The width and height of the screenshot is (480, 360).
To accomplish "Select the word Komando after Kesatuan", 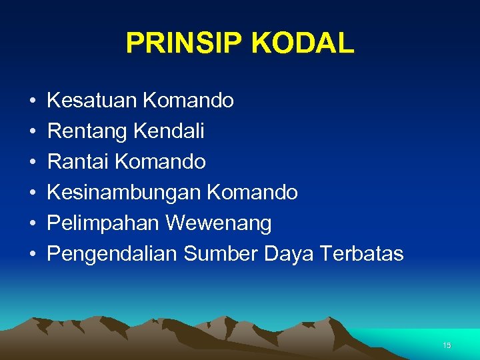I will click(x=188, y=101).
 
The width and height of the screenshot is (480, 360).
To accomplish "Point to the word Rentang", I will click(x=87, y=131).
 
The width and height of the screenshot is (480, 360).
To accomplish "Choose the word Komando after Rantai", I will click(x=160, y=162).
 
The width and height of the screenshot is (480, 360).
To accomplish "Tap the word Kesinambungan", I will click(x=124, y=193).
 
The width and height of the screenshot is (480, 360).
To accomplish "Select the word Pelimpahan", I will click(x=104, y=223).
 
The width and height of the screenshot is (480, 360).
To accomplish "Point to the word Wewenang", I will click(x=219, y=223).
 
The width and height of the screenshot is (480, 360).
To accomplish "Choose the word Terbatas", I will click(x=361, y=254).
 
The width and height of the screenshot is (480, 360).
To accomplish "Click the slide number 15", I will click(x=447, y=345).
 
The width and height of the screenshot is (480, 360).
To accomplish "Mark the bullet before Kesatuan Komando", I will click(x=32, y=101).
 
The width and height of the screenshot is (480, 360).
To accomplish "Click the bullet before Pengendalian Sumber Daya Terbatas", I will click(x=32, y=255).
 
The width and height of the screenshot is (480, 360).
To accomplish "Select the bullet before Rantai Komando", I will click(x=32, y=163).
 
